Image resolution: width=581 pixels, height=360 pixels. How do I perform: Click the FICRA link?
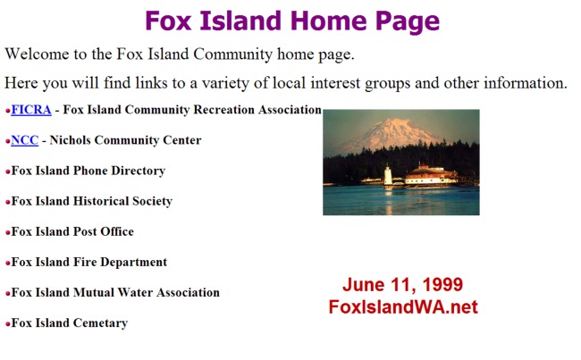pyautogui.click(x=31, y=110)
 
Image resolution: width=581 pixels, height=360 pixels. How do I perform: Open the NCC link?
pyautogui.click(x=25, y=140)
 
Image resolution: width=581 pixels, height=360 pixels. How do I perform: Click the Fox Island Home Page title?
pyautogui.click(x=292, y=21)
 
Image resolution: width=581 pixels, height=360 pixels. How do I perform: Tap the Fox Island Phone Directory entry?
pyautogui.click(x=88, y=171)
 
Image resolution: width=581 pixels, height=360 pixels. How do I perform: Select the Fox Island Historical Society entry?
pyautogui.click(x=92, y=201)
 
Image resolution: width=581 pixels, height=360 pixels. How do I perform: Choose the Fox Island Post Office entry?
pyautogui.click(x=72, y=231)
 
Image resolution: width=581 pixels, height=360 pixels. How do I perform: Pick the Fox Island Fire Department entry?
pyautogui.click(x=89, y=262)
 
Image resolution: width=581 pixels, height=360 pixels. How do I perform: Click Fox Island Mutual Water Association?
pyautogui.click(x=115, y=292)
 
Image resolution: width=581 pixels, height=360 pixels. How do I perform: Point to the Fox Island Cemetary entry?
pyautogui.click(x=70, y=323)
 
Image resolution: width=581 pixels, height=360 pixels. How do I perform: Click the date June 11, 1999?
pyautogui.click(x=403, y=285)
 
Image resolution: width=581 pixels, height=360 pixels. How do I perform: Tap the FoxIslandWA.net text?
pyautogui.click(x=403, y=307)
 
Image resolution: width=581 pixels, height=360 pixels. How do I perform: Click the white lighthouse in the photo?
pyautogui.click(x=388, y=176)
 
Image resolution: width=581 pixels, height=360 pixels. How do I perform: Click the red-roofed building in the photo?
pyautogui.click(x=431, y=174)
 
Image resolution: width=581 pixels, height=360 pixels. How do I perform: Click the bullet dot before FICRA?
pyautogui.click(x=8, y=111)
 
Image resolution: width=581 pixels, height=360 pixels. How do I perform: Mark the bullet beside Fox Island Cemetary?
pyautogui.click(x=8, y=323)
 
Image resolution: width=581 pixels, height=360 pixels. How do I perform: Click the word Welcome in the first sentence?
pyautogui.click(x=37, y=54)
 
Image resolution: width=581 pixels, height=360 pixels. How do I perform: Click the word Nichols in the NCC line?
pyautogui.click(x=70, y=140)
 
